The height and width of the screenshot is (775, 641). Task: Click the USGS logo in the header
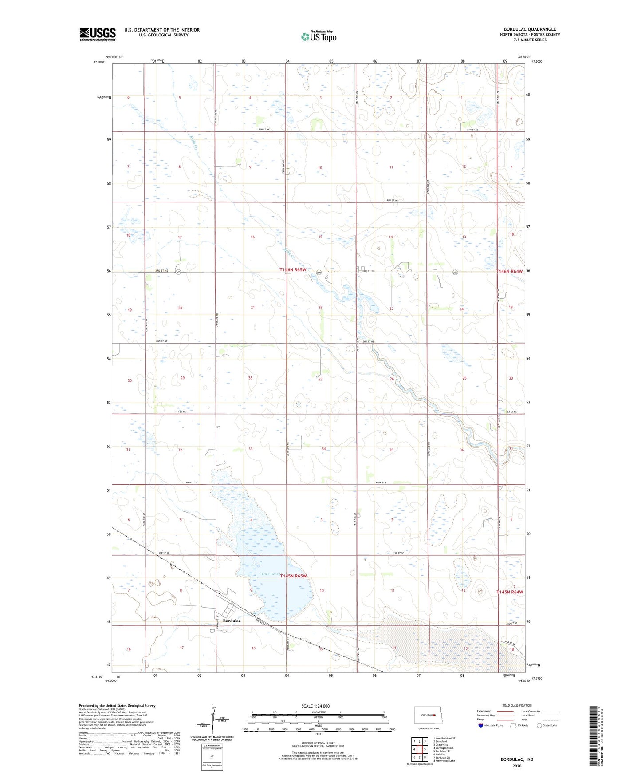coord(98,34)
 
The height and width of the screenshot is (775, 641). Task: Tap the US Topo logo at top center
coord(319,36)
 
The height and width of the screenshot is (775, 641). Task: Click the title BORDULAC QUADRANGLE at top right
coord(530,29)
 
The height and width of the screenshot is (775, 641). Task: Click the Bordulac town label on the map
coord(232,621)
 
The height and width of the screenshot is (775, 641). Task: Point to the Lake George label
coord(271,574)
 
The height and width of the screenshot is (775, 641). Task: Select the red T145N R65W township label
coord(294,576)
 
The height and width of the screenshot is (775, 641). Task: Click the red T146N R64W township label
coord(510,271)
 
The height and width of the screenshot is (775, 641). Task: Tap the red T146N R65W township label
coord(293,269)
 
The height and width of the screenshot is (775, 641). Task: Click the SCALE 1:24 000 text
coord(315,706)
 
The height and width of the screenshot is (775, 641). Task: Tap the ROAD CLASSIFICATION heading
coord(517,705)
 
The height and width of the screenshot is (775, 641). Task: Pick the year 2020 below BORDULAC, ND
coord(517,766)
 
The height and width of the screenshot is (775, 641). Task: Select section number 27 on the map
coord(321,379)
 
